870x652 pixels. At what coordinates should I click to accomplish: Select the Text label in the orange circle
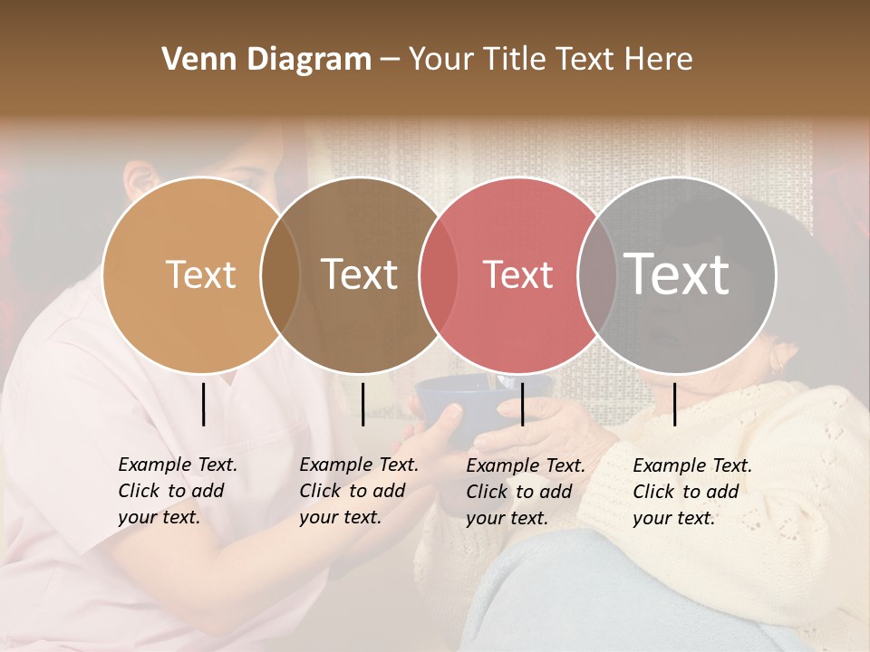click(200, 274)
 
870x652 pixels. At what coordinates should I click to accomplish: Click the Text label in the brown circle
click(360, 274)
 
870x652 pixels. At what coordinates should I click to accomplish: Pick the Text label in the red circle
click(517, 274)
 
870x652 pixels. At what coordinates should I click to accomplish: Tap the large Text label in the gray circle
click(677, 274)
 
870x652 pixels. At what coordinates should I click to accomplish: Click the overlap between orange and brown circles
click(280, 274)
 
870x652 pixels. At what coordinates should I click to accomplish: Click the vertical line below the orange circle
click(204, 404)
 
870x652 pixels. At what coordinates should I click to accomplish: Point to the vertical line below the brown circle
click(362, 404)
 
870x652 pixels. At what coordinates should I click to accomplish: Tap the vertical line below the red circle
click(523, 404)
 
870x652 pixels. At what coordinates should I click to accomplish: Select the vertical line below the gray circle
click(675, 404)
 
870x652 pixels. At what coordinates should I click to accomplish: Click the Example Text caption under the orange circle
click(177, 491)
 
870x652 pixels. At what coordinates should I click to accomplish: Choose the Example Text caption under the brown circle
click(358, 491)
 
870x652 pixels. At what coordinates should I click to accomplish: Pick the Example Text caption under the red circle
click(525, 492)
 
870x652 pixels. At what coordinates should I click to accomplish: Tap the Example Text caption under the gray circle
click(691, 492)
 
